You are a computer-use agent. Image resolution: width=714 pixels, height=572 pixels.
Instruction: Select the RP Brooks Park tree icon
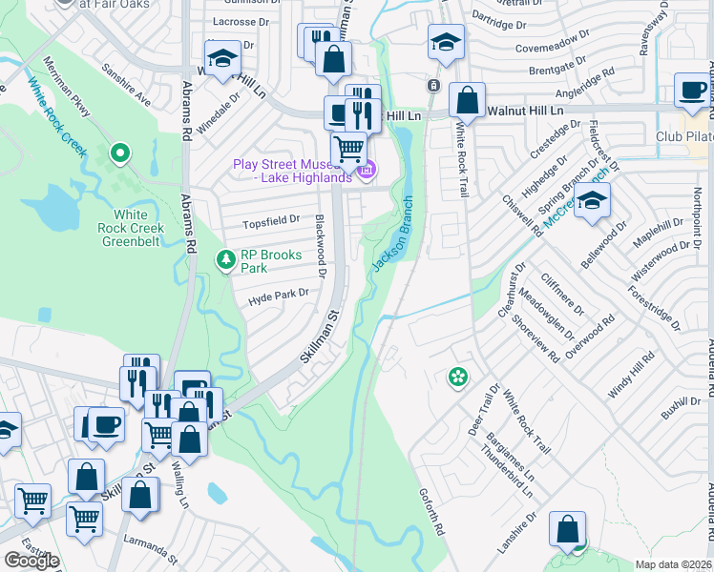click(226, 259)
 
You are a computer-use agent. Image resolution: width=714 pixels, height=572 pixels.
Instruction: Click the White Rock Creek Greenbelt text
click(133, 228)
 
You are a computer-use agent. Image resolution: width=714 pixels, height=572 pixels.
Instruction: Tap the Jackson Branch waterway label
click(393, 234)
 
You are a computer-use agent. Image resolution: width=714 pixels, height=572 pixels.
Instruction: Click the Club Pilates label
click(684, 136)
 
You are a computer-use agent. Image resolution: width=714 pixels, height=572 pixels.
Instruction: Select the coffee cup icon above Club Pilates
click(691, 91)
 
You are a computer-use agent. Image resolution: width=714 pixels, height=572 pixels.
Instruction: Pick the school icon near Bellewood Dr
click(592, 201)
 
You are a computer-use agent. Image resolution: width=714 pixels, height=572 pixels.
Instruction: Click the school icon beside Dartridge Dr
click(445, 42)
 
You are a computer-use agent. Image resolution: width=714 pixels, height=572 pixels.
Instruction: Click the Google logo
click(31, 560)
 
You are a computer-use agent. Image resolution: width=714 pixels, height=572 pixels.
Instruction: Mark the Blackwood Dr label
click(322, 247)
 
